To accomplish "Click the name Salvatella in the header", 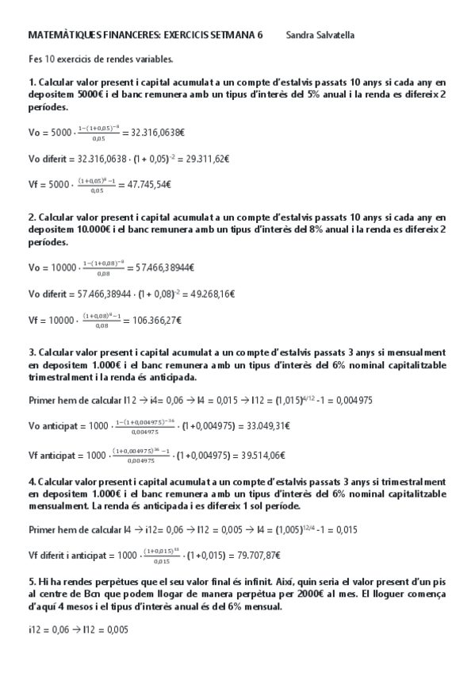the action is coord(334,36).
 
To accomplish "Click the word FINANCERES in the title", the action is coord(123,36).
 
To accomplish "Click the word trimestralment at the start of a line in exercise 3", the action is coord(57,377).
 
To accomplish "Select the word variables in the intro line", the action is coord(151,59).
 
